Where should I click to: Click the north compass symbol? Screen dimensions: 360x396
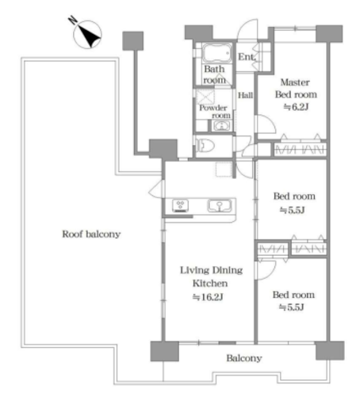86,33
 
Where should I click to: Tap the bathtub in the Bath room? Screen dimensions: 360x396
216,53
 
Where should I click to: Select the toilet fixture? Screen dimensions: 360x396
205,146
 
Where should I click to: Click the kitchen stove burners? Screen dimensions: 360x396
181,206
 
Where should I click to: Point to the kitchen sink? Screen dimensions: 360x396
220,206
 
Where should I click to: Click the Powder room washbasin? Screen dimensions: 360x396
221,126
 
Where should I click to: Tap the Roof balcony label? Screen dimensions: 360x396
91,234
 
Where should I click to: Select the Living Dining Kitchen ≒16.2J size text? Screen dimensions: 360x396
208,298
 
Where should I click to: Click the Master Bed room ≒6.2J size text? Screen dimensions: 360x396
296,107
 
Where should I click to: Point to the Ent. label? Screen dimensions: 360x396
247,56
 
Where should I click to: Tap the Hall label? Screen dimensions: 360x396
245,95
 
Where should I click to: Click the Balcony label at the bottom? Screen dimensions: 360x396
244,358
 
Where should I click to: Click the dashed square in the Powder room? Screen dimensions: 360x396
205,97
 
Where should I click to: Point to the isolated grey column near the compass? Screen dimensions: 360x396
133,41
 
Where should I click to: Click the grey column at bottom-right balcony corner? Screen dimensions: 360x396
330,351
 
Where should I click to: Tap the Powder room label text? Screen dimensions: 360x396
215,112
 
